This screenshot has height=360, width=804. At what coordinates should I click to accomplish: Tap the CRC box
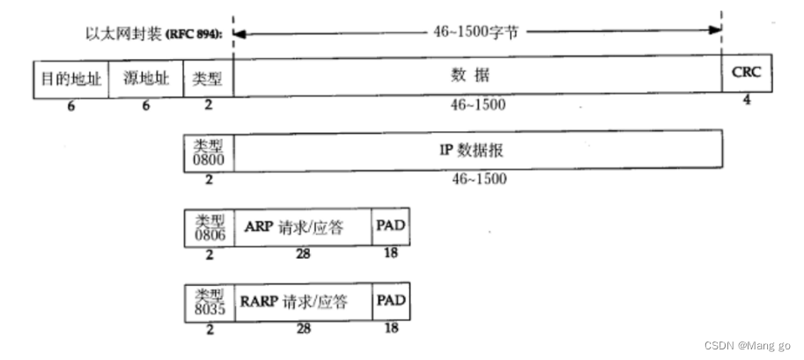(746, 75)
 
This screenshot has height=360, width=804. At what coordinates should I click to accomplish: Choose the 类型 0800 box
(208, 150)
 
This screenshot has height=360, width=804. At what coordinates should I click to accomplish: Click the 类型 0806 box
(208, 228)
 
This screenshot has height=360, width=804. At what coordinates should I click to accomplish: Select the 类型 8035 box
(208, 302)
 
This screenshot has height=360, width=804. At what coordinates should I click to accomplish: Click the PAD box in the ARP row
(390, 227)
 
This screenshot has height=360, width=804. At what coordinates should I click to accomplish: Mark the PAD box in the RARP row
(390, 301)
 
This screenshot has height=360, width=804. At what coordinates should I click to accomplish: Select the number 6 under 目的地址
(70, 105)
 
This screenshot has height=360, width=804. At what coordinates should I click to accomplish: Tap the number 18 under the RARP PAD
(390, 327)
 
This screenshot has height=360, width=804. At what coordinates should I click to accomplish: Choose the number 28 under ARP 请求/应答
(302, 253)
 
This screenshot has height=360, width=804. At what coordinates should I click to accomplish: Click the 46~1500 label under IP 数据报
(479, 179)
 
